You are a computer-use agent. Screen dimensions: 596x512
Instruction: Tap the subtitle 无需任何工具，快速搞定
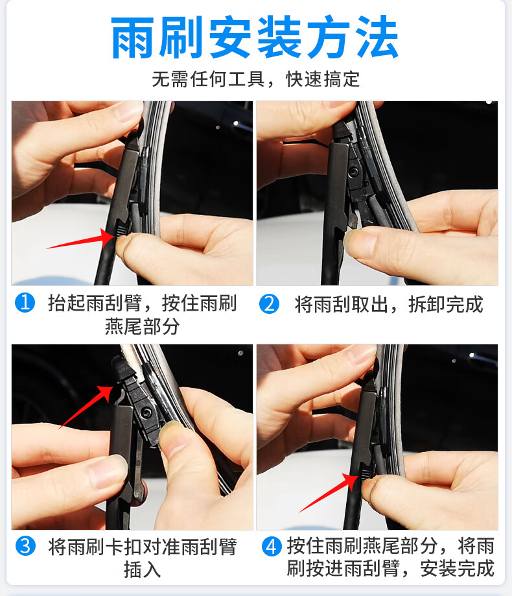tap(255, 80)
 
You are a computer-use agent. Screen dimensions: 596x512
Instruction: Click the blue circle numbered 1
tap(24, 303)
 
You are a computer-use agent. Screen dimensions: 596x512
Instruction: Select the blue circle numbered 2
tap(269, 304)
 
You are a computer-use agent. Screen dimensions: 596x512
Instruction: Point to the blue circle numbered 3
tap(25, 546)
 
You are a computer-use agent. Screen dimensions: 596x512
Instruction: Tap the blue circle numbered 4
tap(272, 546)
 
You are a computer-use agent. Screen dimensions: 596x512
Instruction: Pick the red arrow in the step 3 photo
tap(84, 405)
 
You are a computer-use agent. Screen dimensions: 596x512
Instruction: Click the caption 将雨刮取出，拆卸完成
tap(389, 304)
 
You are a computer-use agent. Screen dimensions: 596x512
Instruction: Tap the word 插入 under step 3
tap(142, 570)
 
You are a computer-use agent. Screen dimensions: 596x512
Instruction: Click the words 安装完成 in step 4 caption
tap(457, 569)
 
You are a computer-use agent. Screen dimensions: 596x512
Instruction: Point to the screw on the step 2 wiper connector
tap(355, 171)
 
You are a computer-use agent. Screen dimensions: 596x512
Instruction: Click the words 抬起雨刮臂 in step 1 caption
tap(93, 304)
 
